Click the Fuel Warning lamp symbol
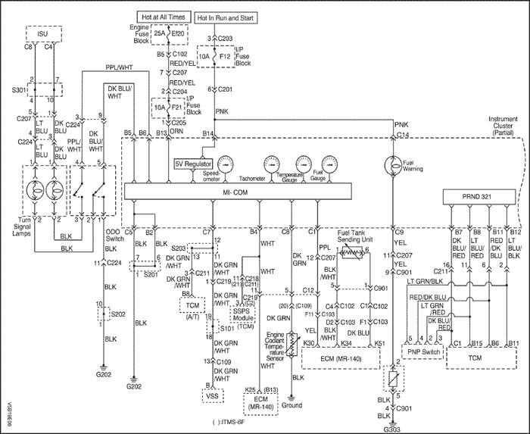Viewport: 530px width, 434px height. pos(394,164)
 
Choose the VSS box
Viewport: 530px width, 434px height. pos(210,394)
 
